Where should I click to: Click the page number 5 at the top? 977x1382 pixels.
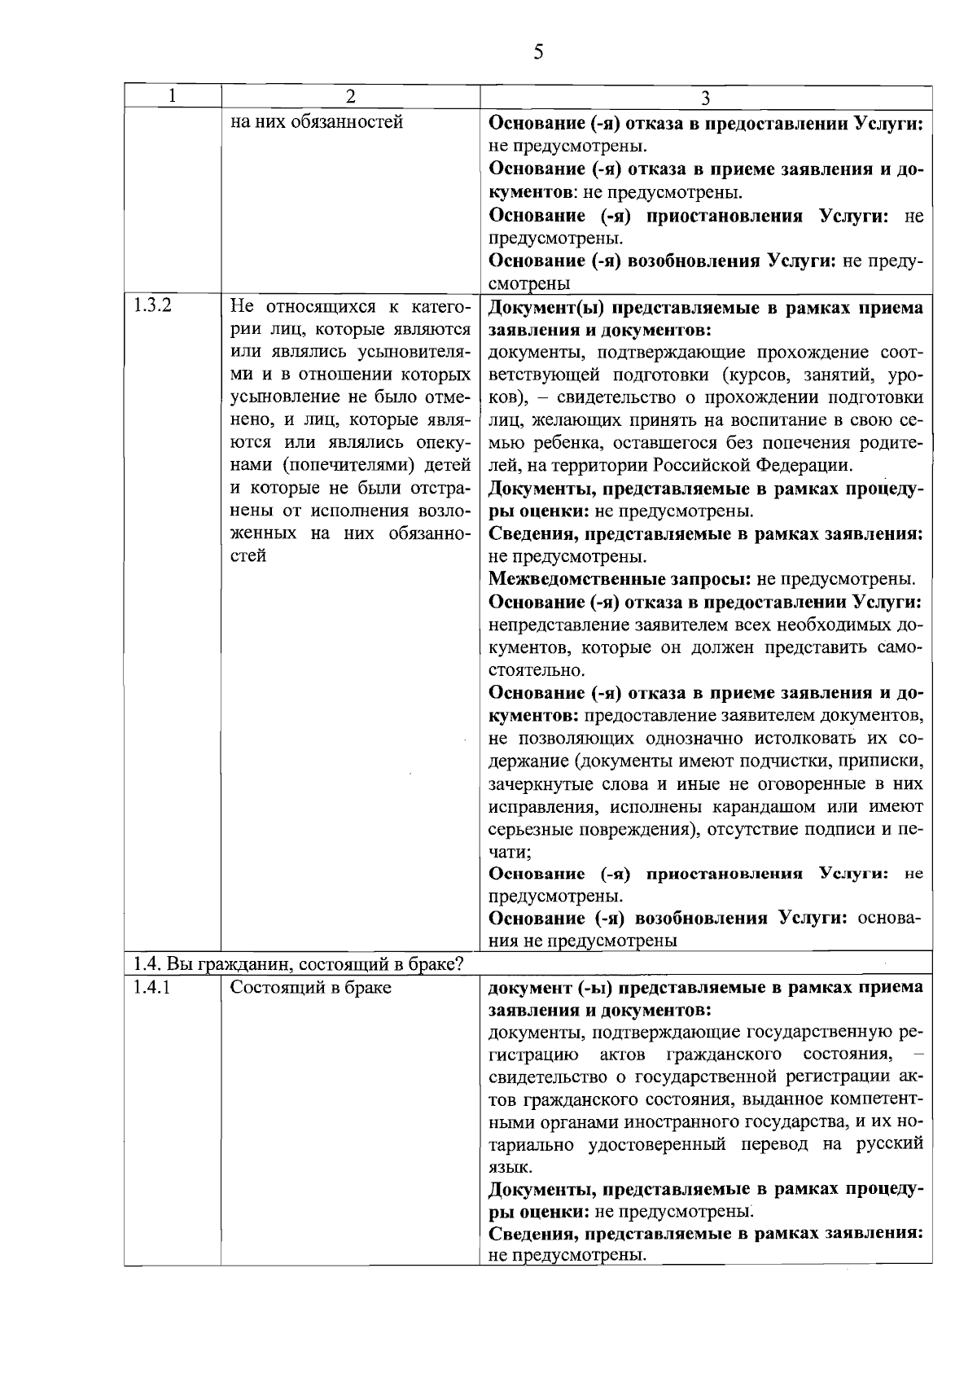point(537,53)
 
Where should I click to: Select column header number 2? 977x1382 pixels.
point(350,96)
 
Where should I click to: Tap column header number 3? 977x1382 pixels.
point(706,98)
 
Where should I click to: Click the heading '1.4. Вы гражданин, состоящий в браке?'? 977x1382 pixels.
point(299,964)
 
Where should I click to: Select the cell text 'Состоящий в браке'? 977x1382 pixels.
point(310,987)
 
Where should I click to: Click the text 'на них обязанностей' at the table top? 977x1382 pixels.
point(317,124)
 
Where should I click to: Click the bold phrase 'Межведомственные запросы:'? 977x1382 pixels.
point(620,580)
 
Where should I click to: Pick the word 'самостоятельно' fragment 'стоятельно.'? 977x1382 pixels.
point(537,671)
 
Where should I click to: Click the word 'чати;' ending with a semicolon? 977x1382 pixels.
point(510,852)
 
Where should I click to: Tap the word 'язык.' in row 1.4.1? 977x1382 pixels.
point(510,1167)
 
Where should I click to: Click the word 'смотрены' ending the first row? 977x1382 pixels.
point(528,283)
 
